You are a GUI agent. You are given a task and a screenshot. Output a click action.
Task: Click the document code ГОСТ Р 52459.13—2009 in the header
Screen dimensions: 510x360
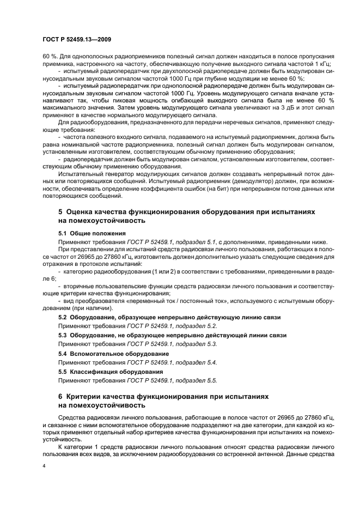click(77, 40)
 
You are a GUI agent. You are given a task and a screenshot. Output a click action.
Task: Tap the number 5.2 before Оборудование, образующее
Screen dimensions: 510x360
click(63, 317)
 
